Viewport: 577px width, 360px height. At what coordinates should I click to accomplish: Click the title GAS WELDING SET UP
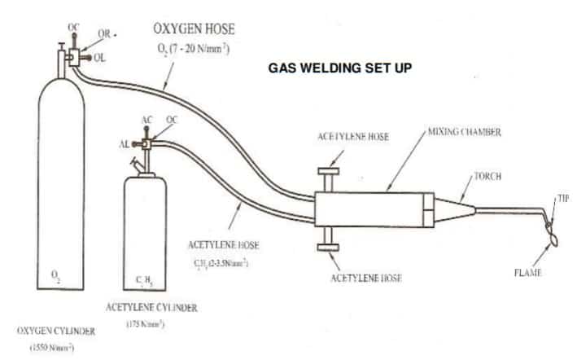(341, 68)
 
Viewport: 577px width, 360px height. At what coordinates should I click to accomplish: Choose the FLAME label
(527, 272)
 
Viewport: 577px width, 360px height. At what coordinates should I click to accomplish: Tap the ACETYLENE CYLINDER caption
(151, 307)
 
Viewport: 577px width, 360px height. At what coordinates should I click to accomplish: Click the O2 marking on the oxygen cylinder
(55, 277)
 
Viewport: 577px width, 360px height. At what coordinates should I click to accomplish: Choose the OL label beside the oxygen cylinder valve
(99, 57)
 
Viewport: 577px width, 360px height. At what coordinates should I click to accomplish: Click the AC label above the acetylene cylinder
(146, 120)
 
